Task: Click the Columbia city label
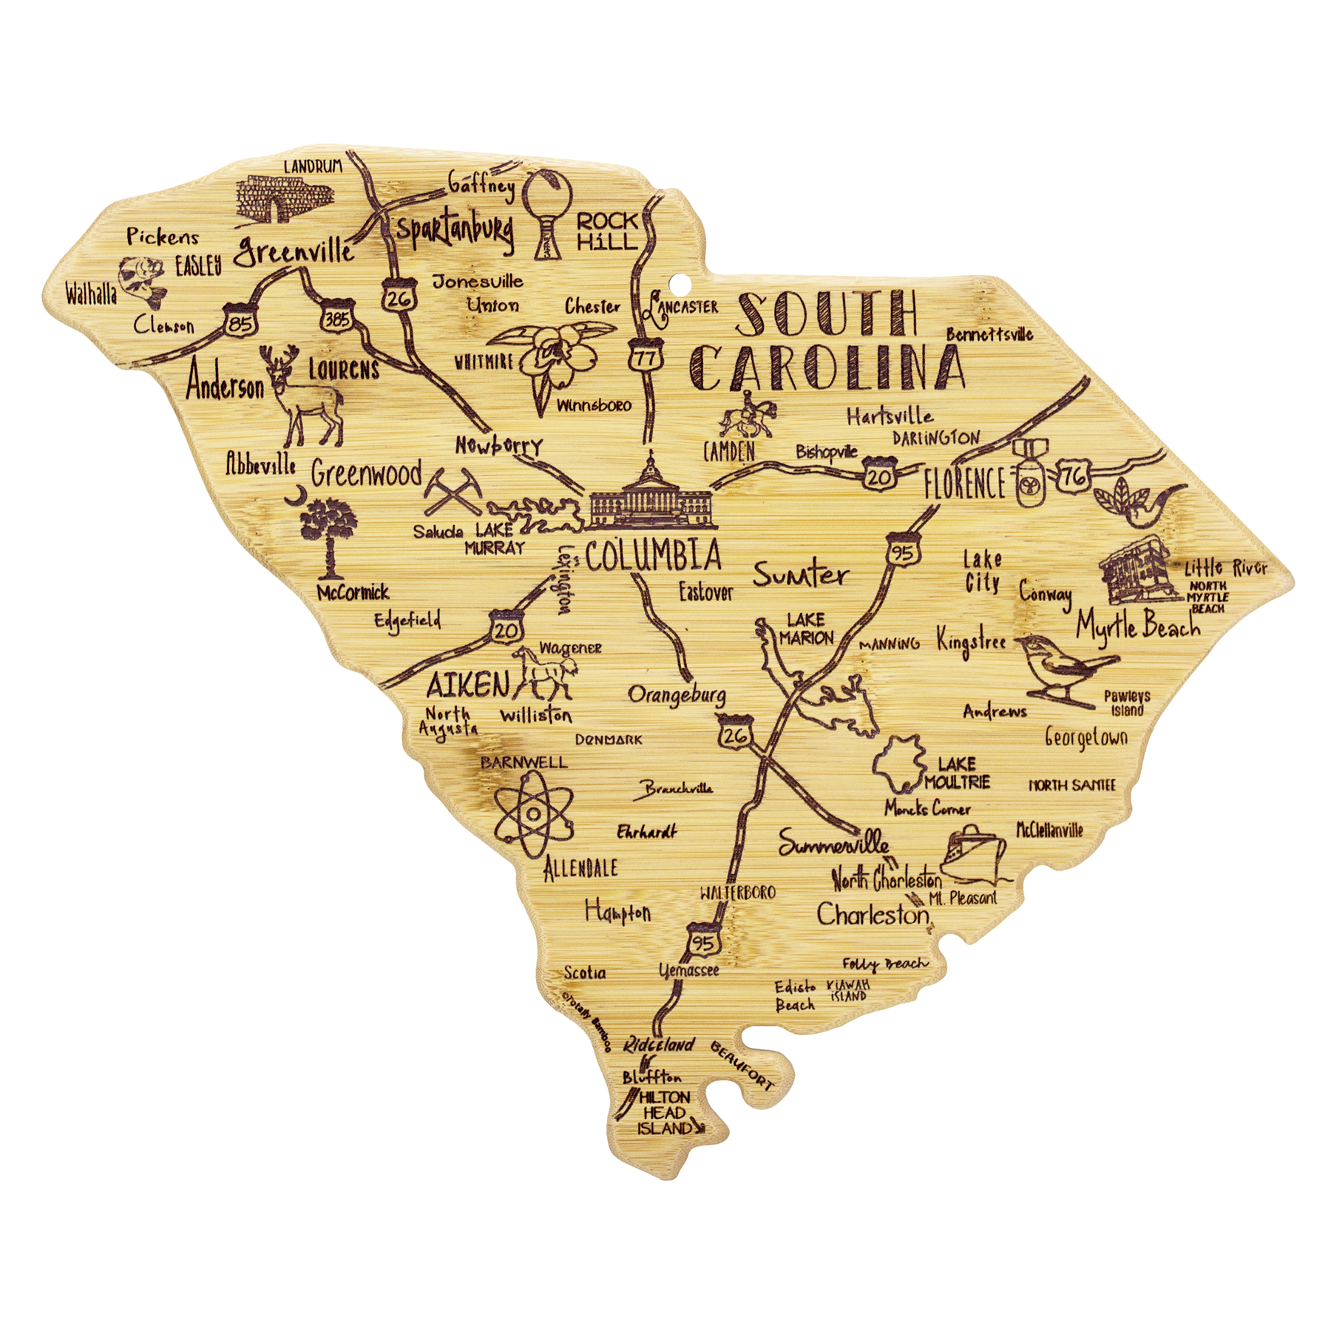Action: tap(653, 555)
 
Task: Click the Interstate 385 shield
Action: tap(337, 318)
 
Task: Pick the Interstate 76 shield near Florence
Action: tap(1073, 477)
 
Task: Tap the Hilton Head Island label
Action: tap(664, 1113)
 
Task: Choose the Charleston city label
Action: tap(873, 915)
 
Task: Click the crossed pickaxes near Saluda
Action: tap(452, 491)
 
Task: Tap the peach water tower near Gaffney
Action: tap(548, 211)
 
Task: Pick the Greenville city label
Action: tap(294, 250)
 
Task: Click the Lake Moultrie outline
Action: tap(898, 763)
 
